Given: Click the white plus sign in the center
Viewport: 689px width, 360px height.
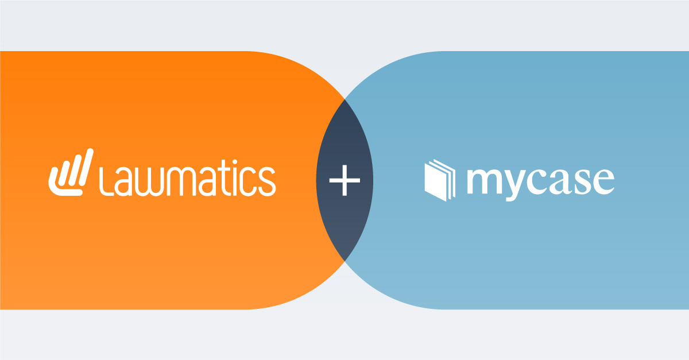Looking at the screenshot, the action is (344, 180).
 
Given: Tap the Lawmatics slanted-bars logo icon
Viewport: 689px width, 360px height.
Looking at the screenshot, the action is (71, 172).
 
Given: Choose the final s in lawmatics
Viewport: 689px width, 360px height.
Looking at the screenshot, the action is (267, 181).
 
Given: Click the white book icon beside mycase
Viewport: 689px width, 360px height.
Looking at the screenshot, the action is (440, 180).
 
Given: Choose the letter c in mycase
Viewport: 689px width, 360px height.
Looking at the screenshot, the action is (537, 181).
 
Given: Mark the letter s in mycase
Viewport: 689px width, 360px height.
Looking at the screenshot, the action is (580, 181).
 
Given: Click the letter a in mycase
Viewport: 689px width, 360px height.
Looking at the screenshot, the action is (560, 181).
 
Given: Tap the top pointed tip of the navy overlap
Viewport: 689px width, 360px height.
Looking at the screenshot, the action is (344, 99).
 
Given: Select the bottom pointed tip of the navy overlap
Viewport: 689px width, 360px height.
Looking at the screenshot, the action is (344, 262).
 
